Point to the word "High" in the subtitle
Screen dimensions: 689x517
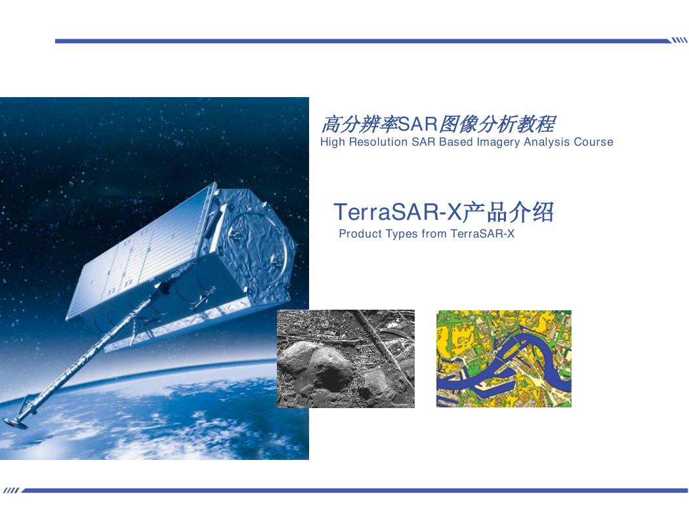(333, 142)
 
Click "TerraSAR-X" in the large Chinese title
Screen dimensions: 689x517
(398, 212)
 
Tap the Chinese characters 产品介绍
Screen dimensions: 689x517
(509, 212)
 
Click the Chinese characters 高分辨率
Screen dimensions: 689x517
(360, 124)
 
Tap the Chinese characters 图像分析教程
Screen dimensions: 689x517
(497, 124)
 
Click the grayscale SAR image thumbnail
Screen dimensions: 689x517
(346, 359)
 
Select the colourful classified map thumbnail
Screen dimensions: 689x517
(504, 359)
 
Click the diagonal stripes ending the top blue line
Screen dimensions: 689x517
(679, 41)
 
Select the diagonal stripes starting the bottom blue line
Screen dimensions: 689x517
(11, 490)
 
